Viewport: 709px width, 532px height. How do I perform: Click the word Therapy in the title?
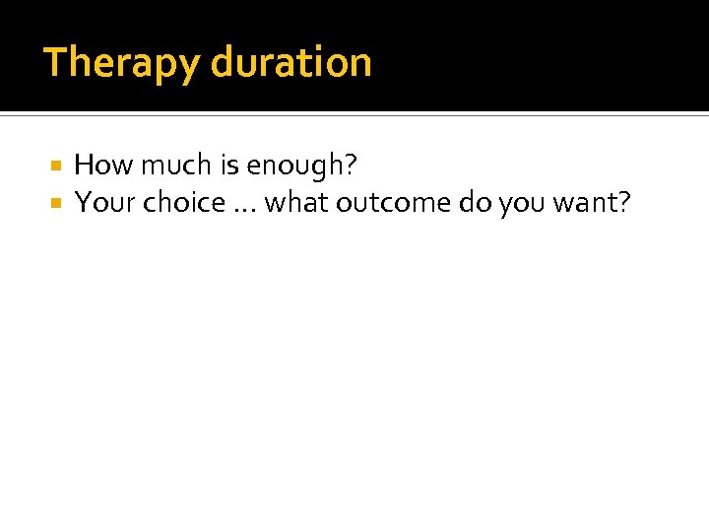click(122, 63)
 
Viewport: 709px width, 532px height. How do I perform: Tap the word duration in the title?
click(290, 62)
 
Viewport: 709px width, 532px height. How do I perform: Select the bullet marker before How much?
click(58, 166)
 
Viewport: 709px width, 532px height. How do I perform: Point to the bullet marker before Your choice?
click(58, 203)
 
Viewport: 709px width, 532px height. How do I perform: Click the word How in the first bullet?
click(97, 166)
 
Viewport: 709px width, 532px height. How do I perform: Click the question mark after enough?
click(351, 166)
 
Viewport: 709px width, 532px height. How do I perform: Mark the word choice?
click(184, 203)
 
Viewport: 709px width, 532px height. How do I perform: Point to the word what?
click(297, 203)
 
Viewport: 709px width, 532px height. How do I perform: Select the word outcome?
click(393, 203)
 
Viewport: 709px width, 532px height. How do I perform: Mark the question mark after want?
click(623, 203)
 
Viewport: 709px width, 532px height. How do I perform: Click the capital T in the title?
click(54, 62)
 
